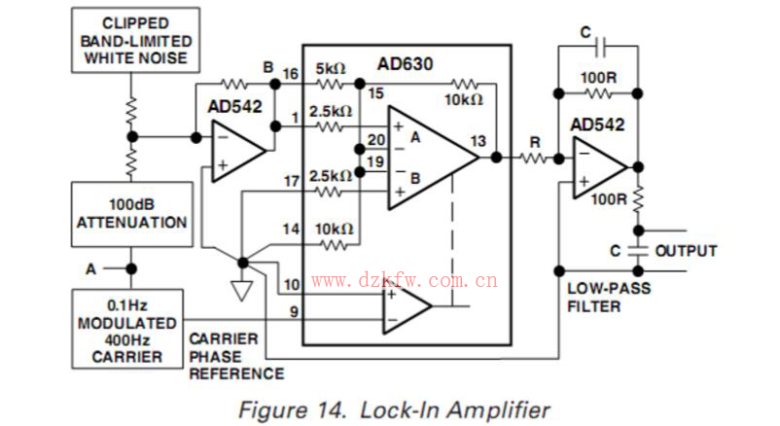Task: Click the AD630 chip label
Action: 405,65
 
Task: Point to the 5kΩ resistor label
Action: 331,70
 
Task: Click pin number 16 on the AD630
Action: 290,73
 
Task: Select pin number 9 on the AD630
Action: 290,311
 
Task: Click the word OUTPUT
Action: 686,251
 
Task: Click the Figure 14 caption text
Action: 394,408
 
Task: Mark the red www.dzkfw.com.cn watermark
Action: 405,282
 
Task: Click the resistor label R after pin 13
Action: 534,142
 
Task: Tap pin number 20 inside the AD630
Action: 375,140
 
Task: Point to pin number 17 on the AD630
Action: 290,181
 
